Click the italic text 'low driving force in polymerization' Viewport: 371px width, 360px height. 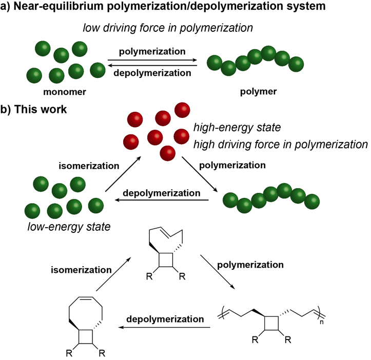[168, 28]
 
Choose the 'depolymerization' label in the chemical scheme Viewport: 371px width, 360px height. [166, 319]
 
